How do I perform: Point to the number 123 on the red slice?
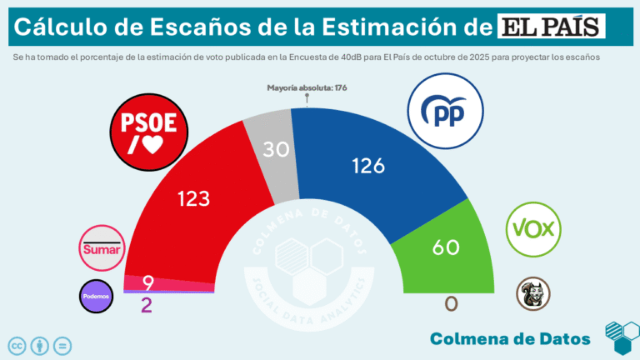coord(193,198)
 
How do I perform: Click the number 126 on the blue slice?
coord(367,166)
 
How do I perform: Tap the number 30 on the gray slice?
coord(277,150)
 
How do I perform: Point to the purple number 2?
coord(147,305)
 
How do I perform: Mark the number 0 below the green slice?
coord(451,304)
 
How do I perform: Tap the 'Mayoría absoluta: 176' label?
coord(307,87)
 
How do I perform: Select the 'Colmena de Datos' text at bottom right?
coord(510,337)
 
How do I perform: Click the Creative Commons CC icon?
coord(17,345)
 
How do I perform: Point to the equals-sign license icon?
coord(63,345)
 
